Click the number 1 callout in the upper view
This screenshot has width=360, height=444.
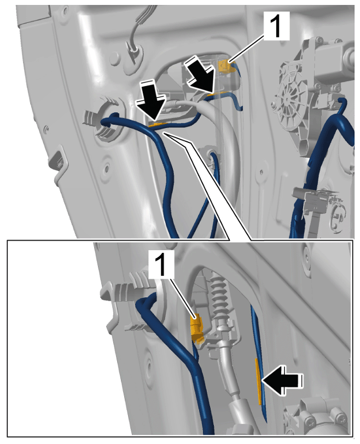[277, 26]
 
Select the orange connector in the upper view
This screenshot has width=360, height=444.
[227, 67]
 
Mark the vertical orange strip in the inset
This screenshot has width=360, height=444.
[258, 381]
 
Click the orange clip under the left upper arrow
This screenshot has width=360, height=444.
[156, 124]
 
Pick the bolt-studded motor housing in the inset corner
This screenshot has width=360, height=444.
[317, 416]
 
